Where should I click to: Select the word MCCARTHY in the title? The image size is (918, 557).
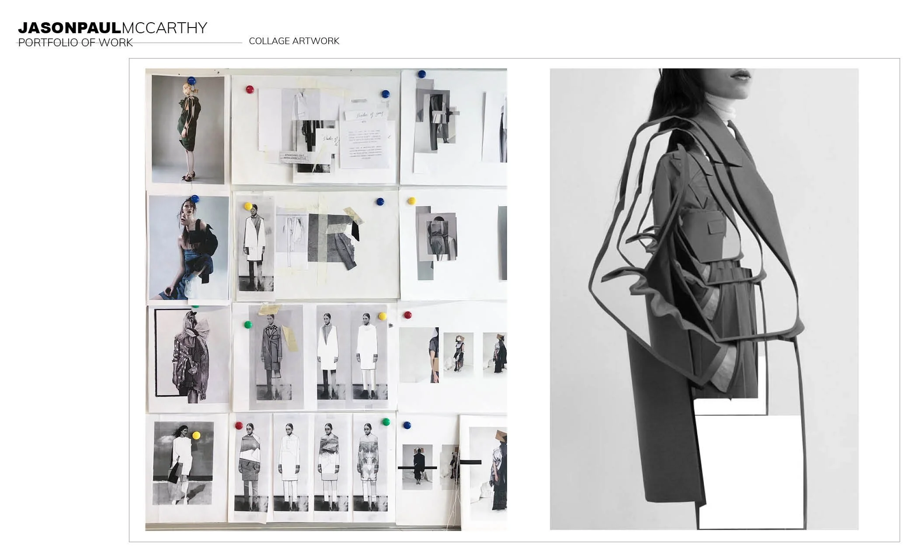(164, 28)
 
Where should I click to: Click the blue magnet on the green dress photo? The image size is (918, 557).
(191, 81)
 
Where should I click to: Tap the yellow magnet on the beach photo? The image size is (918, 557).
(196, 435)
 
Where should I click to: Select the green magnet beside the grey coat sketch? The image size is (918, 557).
(248, 325)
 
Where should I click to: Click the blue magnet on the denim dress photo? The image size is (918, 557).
(195, 199)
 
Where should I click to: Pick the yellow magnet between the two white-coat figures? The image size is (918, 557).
(382, 316)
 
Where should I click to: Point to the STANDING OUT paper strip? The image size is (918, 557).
(296, 157)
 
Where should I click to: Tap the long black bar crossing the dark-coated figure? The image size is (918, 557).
(417, 468)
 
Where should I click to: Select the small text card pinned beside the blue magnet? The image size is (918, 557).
(364, 144)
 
